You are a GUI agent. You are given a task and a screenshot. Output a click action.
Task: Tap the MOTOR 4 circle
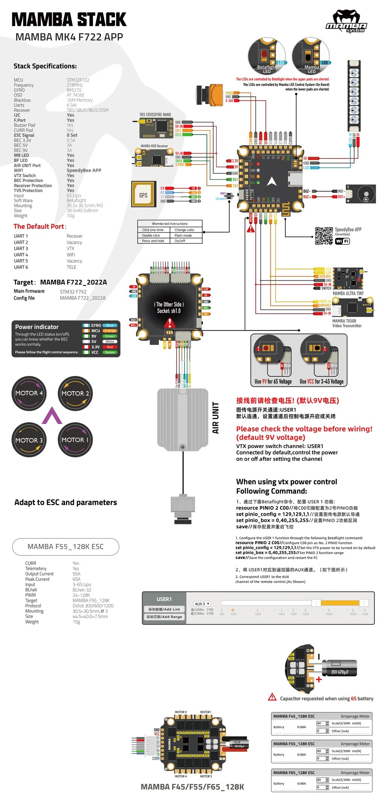29,393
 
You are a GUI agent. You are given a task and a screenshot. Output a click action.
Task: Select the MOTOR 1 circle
75,440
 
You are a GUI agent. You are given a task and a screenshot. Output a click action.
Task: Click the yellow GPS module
143,194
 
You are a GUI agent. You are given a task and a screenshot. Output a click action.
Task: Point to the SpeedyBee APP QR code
324,236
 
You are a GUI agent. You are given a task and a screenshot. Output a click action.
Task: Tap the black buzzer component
361,194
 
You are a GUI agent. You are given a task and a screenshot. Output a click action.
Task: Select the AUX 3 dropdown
202,604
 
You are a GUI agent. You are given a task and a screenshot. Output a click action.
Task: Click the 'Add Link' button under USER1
164,609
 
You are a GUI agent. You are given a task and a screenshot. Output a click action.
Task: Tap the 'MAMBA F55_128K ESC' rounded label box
66,546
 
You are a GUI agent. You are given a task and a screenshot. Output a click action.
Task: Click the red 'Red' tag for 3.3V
110,347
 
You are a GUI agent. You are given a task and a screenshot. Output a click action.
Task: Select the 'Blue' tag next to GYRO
110,325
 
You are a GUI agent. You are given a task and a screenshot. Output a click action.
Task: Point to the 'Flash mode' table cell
183,235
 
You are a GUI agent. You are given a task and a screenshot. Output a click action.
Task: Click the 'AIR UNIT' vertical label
215,417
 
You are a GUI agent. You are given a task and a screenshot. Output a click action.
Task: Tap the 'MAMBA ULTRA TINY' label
348,293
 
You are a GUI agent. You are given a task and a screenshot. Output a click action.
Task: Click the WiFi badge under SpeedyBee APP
342,241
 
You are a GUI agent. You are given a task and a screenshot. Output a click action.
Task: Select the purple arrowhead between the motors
52,416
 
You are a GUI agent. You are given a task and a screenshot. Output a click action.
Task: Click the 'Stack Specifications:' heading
45,66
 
